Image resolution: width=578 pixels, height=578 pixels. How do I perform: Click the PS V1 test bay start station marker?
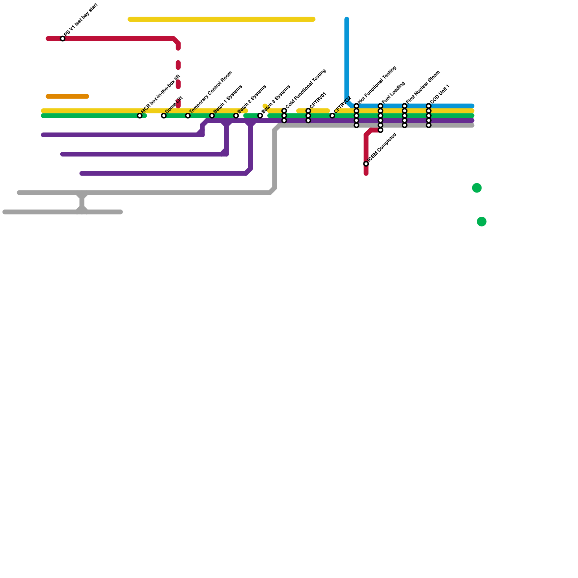[x=63, y=39]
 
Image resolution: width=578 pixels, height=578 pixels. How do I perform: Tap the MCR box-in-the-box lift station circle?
[x=140, y=116]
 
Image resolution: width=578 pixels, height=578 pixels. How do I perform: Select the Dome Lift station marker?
[x=164, y=116]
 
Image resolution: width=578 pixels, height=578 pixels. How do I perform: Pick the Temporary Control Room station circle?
[x=188, y=116]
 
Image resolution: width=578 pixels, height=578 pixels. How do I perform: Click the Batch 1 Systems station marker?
[x=212, y=116]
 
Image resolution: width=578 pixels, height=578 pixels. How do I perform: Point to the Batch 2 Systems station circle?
[x=236, y=116]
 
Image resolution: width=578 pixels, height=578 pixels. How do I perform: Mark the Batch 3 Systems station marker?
[x=260, y=116]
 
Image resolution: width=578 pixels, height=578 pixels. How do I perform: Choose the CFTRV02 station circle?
[x=332, y=116]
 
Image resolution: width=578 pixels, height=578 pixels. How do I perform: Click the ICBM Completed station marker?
[x=366, y=164]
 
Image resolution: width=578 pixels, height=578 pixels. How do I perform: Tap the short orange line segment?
[x=68, y=96]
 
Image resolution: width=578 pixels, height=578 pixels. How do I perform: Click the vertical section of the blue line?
[x=347, y=58]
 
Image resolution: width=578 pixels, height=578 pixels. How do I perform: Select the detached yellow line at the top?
[x=221, y=19]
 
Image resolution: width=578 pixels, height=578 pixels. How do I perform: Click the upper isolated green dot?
[x=477, y=188]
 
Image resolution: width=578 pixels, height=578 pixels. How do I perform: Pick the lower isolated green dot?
[x=482, y=221]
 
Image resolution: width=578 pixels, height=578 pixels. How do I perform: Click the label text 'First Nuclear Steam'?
[x=423, y=86]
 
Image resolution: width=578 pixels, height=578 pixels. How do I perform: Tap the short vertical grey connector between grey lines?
[x=82, y=202]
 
